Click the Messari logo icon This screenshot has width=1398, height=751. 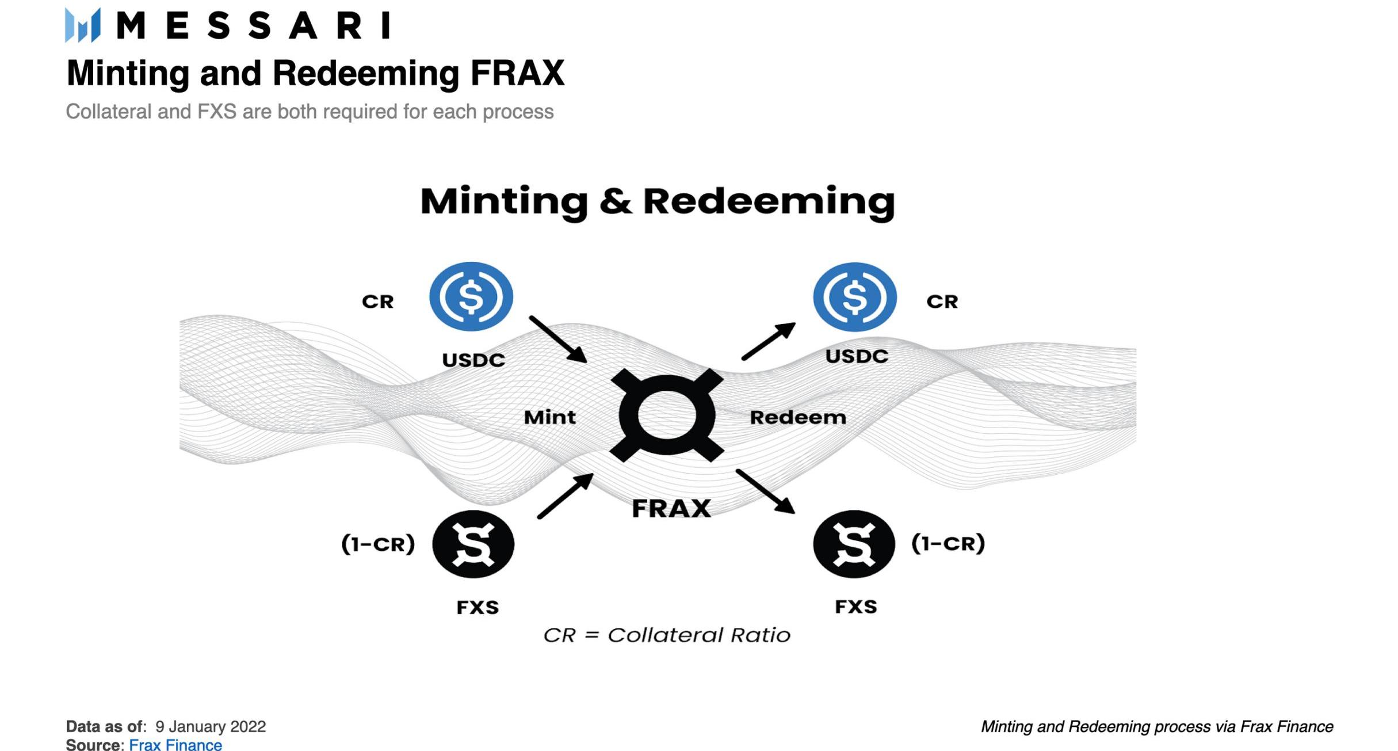[x=83, y=25]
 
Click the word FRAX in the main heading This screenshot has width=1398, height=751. [x=517, y=74]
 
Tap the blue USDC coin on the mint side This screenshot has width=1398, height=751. [x=471, y=296]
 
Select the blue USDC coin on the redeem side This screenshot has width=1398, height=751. [x=854, y=297]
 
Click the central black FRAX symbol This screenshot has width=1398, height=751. [x=667, y=415]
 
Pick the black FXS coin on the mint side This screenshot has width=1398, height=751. [x=473, y=544]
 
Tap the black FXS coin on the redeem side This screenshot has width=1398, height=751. [x=854, y=544]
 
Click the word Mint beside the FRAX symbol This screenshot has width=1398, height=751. [x=549, y=417]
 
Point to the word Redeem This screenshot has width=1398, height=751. [x=798, y=417]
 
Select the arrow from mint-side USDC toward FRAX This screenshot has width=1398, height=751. [x=558, y=339]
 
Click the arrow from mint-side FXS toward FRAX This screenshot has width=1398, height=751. [x=565, y=496]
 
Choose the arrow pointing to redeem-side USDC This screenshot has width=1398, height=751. [x=769, y=341]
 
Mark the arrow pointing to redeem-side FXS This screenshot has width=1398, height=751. [x=765, y=491]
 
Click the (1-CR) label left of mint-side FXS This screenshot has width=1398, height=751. [x=378, y=544]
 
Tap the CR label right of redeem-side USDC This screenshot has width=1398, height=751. [x=942, y=302]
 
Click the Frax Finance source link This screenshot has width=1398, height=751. [x=175, y=745]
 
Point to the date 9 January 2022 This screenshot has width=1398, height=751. [x=211, y=726]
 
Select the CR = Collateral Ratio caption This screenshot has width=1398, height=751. [x=667, y=635]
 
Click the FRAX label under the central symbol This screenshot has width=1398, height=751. [x=671, y=508]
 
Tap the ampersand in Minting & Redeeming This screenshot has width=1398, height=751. [x=615, y=201]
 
